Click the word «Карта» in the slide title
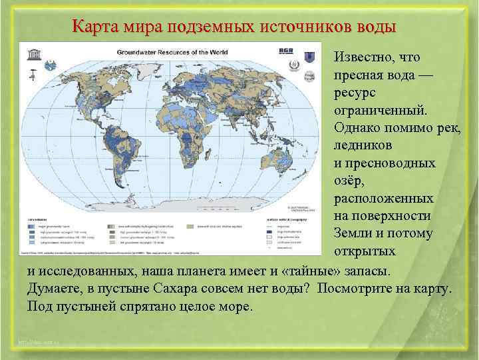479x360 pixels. (x=94, y=27)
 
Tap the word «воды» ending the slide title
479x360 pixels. (x=374, y=27)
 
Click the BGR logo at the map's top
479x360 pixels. (x=284, y=51)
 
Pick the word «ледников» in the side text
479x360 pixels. (x=363, y=145)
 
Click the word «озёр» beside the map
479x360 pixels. (x=347, y=181)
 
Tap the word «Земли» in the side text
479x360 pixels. (x=353, y=234)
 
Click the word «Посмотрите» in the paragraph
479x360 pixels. (x=355, y=290)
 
